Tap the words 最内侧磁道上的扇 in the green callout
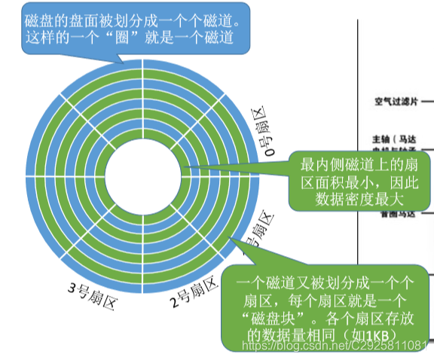354,163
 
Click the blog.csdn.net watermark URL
332,346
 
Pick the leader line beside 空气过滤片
426,100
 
